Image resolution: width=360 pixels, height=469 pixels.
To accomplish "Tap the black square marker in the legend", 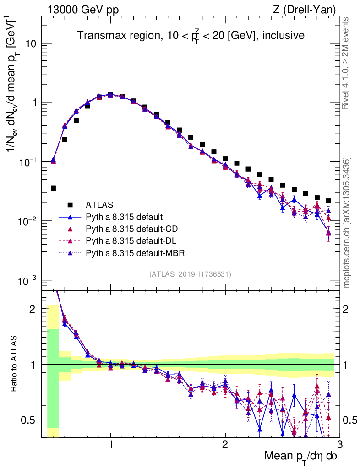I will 70,204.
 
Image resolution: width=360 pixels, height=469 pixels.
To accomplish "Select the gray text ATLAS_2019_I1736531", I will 190,274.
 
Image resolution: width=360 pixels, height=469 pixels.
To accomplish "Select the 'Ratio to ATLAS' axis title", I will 15,363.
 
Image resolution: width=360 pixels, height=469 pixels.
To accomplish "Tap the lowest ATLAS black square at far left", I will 53,188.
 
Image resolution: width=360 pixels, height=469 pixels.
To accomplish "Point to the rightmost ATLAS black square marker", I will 328,201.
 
